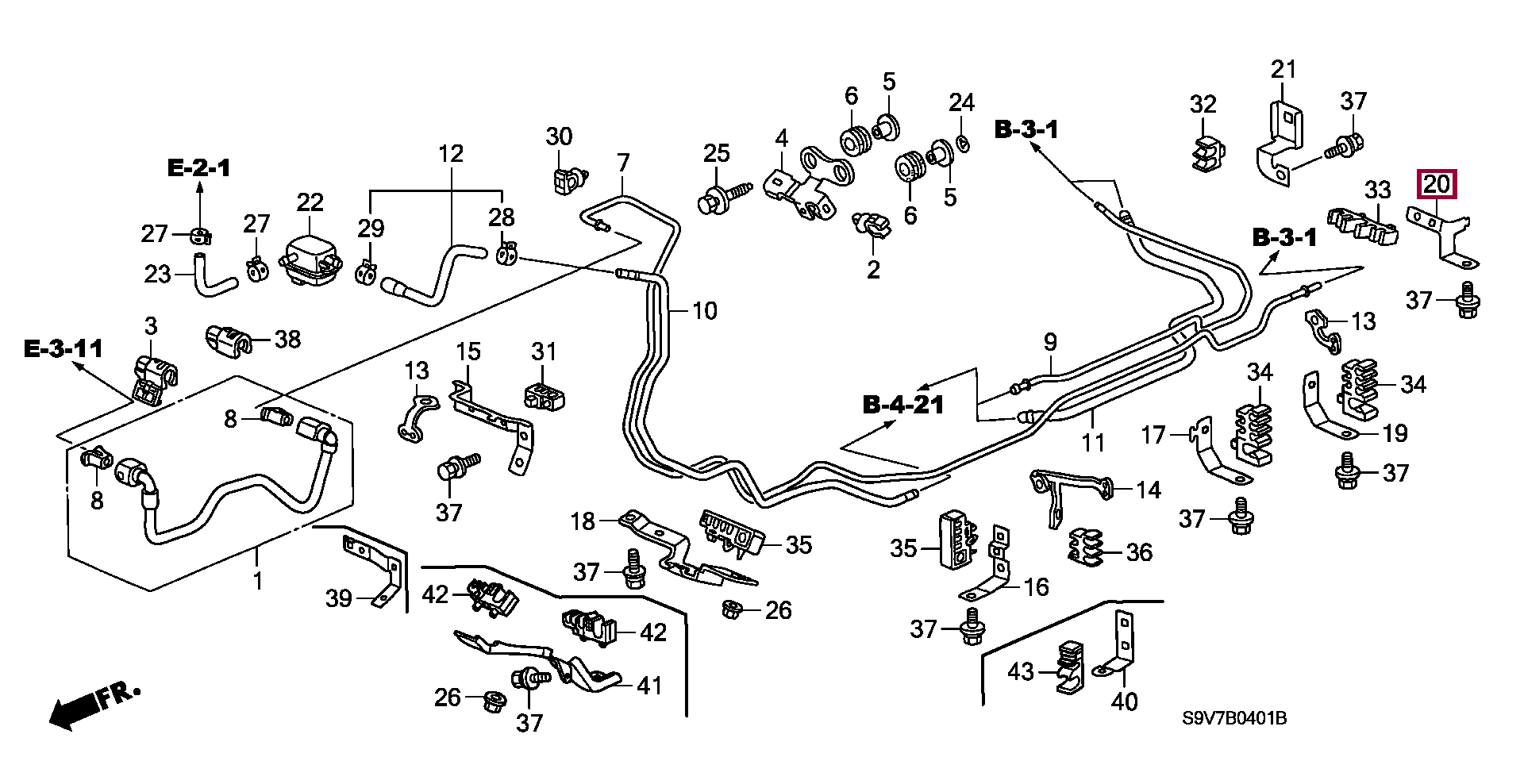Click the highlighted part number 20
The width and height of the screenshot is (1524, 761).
[1436, 185]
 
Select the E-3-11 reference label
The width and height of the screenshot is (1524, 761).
[63, 348]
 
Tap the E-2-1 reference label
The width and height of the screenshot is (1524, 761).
[198, 167]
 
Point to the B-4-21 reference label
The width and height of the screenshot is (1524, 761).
[903, 405]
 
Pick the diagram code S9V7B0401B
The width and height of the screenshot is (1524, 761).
[1233, 719]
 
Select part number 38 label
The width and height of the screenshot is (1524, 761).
[287, 340]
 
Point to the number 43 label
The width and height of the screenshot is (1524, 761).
[1021, 671]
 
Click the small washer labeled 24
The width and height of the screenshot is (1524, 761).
[962, 144]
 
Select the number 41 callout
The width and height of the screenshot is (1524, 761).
[649, 685]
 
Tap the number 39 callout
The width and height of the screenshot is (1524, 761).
[339, 598]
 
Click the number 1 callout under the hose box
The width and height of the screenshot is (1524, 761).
[257, 581]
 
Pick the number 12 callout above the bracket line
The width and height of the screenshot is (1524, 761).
[450, 153]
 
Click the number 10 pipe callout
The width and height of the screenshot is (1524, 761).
[704, 310]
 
